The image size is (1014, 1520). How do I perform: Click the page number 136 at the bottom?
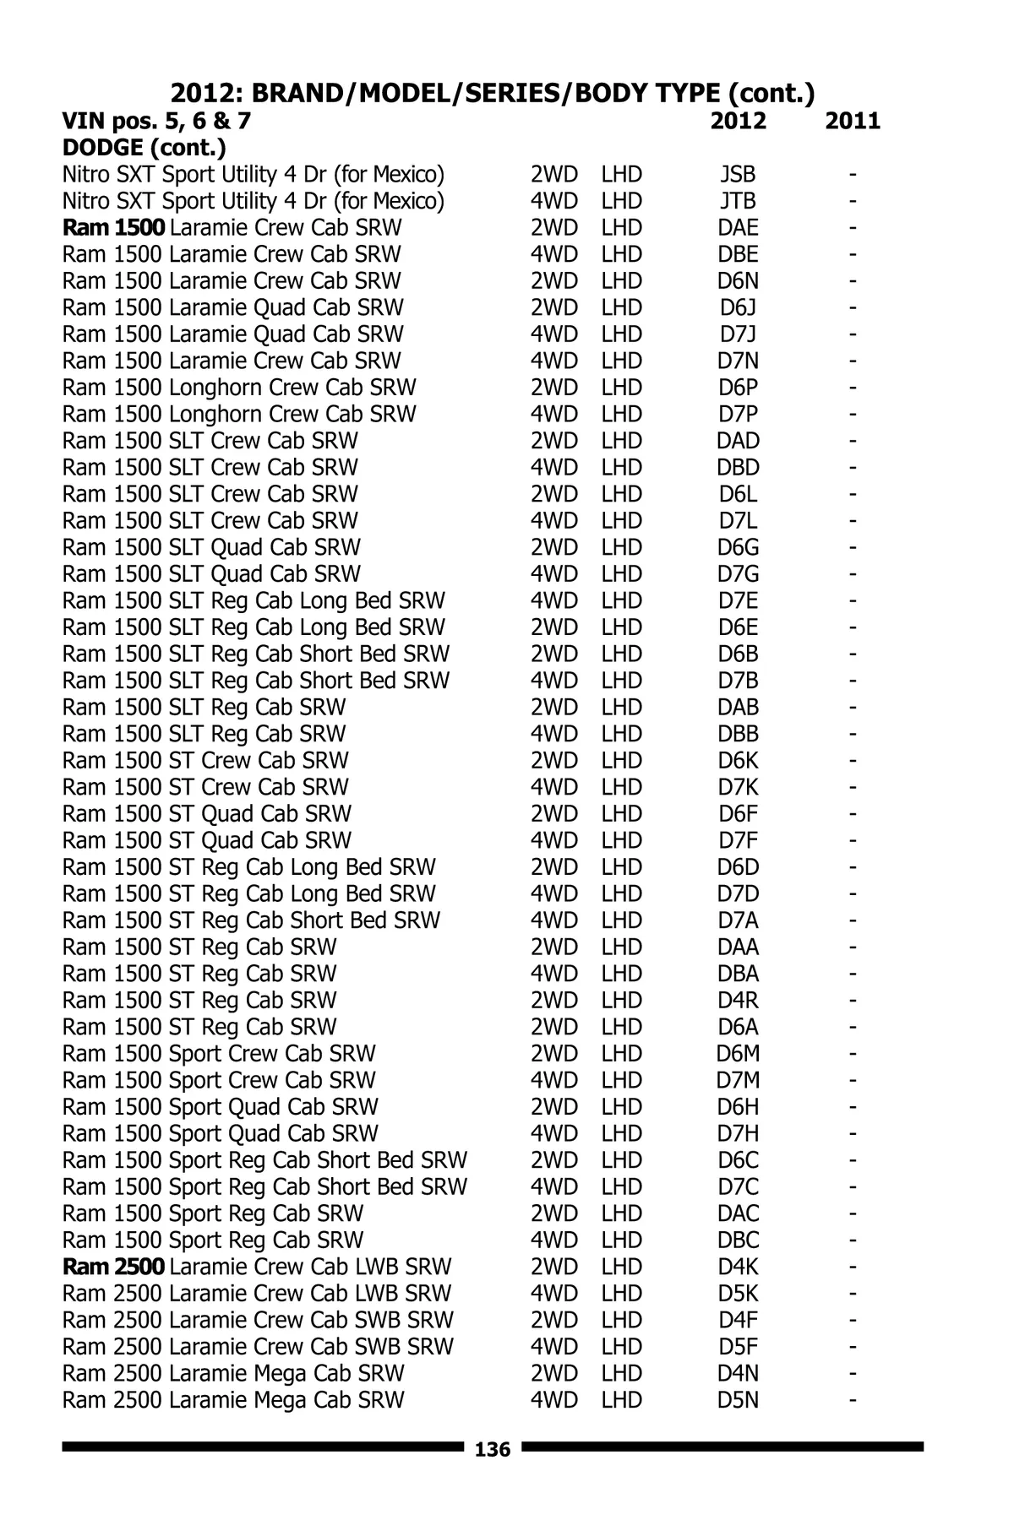[x=493, y=1450]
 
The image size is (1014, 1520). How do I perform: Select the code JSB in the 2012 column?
[x=738, y=175]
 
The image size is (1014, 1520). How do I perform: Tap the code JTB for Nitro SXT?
[x=738, y=202]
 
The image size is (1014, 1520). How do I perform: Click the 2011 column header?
[x=853, y=122]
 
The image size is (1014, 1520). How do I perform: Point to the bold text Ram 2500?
[x=114, y=1267]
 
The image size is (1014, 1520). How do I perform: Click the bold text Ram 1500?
[x=114, y=228]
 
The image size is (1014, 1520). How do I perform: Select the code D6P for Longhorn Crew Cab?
[x=738, y=388]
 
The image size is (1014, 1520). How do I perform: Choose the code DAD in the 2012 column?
[x=738, y=441]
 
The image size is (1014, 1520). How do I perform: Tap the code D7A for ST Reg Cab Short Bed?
[x=738, y=920]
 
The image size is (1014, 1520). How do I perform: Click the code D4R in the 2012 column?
[x=738, y=1001]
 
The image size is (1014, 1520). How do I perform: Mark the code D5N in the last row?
[x=738, y=1400]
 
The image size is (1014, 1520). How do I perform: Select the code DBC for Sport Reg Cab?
[x=738, y=1240]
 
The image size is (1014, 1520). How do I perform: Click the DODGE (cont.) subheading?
[x=144, y=149]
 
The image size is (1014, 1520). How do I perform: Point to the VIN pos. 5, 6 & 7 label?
[x=156, y=122]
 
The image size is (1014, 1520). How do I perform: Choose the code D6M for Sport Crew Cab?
[x=738, y=1054]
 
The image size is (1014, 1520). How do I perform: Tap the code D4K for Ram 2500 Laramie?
[x=738, y=1267]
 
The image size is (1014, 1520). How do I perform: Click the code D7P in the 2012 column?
[x=738, y=415]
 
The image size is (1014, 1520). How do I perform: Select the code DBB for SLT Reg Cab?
[x=738, y=734]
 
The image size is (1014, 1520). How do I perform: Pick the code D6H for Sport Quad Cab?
[x=738, y=1107]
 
